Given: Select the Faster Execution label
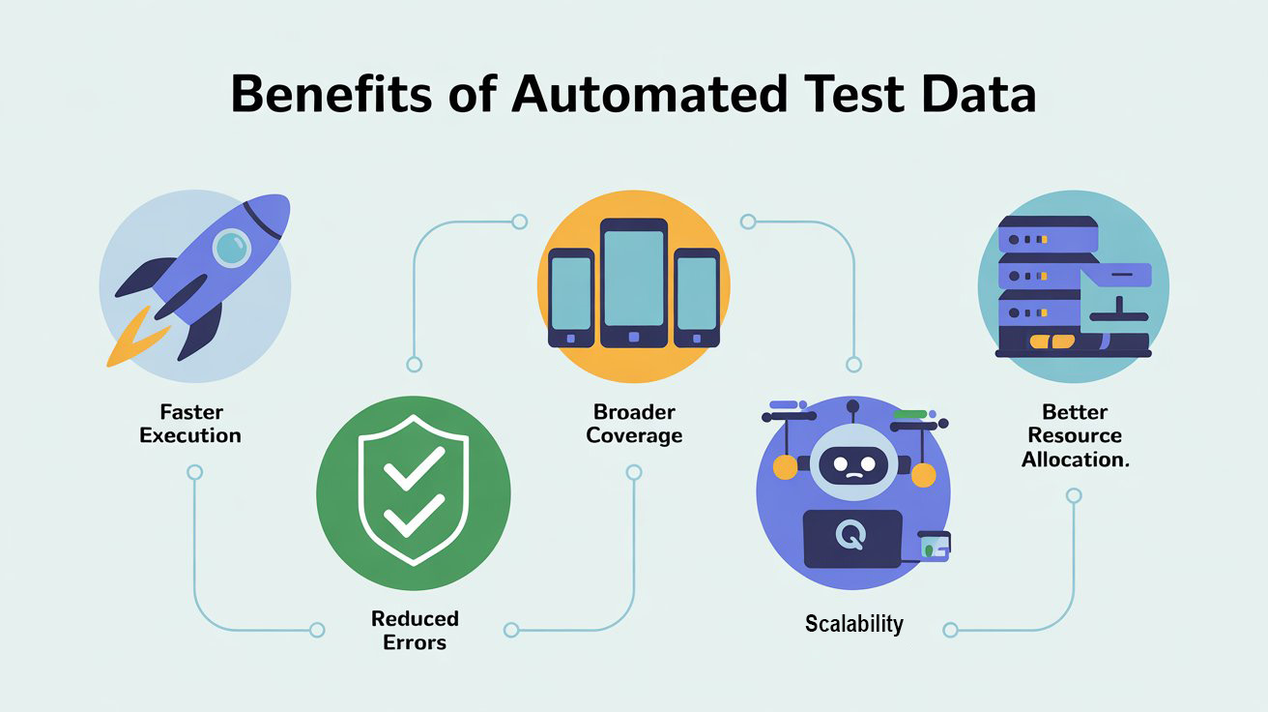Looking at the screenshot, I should (190, 424).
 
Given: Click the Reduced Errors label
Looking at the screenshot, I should (415, 630).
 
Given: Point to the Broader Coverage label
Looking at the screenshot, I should (634, 424).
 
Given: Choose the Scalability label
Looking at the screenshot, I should (853, 624).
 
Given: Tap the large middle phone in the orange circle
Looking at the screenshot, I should (634, 282).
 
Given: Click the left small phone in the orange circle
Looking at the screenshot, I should (570, 296).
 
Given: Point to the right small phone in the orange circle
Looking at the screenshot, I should (697, 296).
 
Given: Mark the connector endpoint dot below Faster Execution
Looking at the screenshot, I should (194, 473).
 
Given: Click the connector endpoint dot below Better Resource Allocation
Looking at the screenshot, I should (1073, 496).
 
